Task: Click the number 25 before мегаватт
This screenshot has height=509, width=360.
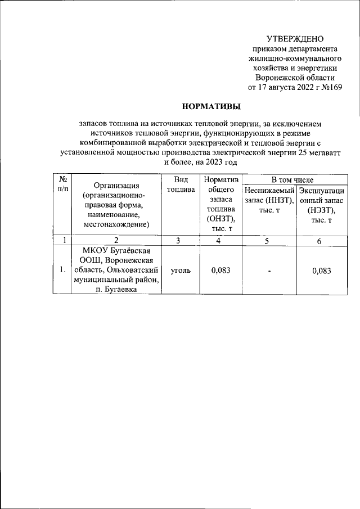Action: coord(303,151)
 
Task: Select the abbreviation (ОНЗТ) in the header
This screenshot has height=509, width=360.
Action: coord(220,219)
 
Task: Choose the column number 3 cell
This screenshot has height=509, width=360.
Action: coord(177,241)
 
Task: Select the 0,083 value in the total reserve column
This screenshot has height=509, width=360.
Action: coord(220,270)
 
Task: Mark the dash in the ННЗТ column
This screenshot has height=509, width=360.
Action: coord(269,271)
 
